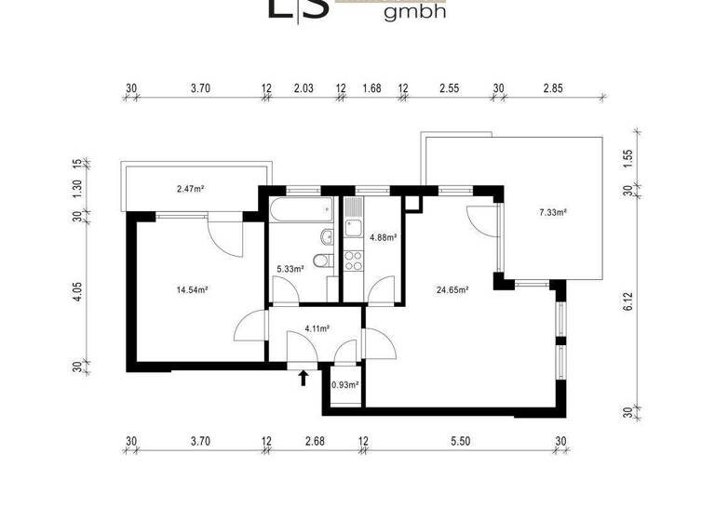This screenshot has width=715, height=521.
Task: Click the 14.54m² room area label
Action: click(191, 289)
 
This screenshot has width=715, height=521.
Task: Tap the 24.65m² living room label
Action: click(452, 289)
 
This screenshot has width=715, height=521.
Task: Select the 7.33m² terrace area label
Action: click(553, 212)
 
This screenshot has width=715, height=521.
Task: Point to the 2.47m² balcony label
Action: click(190, 190)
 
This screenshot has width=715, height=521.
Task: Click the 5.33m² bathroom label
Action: click(290, 270)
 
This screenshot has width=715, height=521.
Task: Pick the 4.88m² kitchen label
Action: click(384, 237)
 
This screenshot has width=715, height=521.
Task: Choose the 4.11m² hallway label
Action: click(318, 328)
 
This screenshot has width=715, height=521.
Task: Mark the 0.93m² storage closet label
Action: click(345, 383)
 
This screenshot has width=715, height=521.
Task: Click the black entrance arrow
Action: click(303, 377)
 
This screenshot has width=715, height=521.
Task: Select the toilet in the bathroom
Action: click(321, 260)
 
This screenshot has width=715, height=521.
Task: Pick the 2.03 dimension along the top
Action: click(303, 88)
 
